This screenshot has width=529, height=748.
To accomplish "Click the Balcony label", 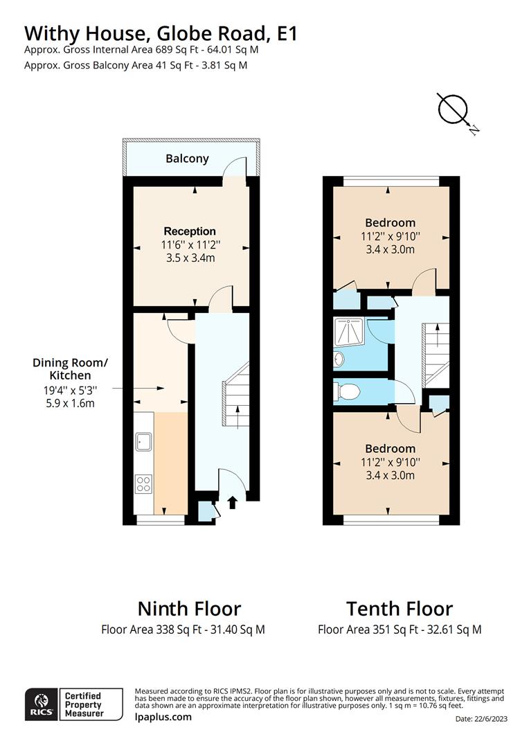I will pyautogui.click(x=187, y=159).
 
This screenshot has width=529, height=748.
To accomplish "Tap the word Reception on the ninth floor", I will pyautogui.click(x=190, y=231).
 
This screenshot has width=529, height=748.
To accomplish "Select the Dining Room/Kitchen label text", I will pyautogui.click(x=71, y=368).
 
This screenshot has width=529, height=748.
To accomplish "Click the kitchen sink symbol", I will pyautogui.click(x=144, y=440).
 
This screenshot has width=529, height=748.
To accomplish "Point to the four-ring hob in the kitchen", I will pyautogui.click(x=144, y=483).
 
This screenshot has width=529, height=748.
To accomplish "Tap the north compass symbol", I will pyautogui.click(x=454, y=109).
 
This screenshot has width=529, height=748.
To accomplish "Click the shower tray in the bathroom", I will pyautogui.click(x=350, y=333).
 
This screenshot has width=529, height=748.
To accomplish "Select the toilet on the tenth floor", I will pyautogui.click(x=347, y=393).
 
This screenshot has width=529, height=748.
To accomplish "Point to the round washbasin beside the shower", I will pyautogui.click(x=338, y=359).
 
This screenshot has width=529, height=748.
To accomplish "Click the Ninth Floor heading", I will pyautogui.click(x=189, y=609).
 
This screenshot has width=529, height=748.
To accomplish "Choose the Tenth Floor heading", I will pyautogui.click(x=400, y=609).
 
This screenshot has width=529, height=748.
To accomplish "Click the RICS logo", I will pyautogui.click(x=39, y=704).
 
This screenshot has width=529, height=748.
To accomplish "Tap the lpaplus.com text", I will pyautogui.click(x=163, y=717).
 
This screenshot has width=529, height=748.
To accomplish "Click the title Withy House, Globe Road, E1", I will pyautogui.click(x=161, y=33).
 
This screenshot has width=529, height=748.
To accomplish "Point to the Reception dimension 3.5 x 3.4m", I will pyautogui.click(x=190, y=258).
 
